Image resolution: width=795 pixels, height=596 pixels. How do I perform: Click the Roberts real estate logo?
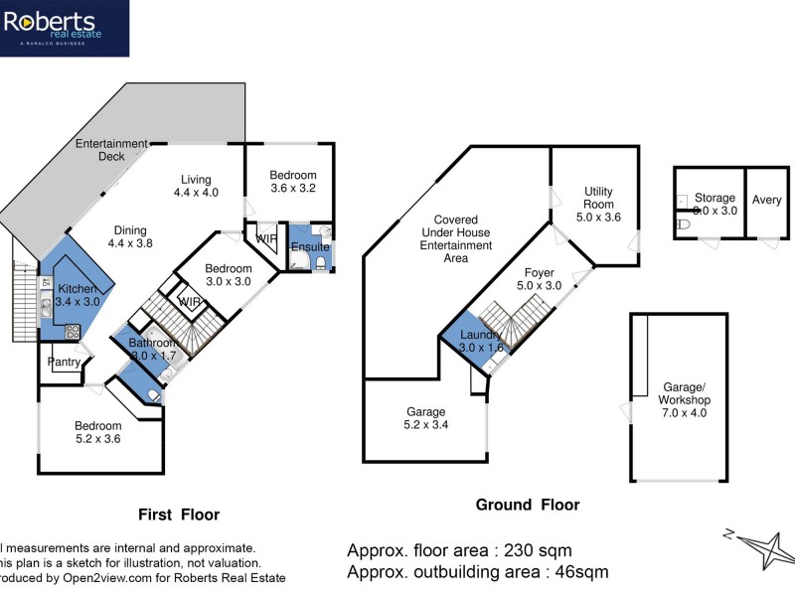tap(64, 28)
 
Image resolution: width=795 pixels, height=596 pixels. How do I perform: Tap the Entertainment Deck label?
tap(111, 150)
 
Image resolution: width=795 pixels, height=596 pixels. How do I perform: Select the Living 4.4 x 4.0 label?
tap(195, 186)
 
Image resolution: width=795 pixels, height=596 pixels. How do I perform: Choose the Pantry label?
tap(64, 363)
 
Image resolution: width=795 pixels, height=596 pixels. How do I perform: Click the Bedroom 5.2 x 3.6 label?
tap(98, 433)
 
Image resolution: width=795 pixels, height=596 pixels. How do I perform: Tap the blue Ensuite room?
tap(309, 248)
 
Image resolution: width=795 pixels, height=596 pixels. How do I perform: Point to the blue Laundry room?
tap(481, 341)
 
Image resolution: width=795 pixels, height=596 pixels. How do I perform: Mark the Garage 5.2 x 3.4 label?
tap(425, 418)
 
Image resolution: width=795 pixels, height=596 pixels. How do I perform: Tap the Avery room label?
tap(767, 200)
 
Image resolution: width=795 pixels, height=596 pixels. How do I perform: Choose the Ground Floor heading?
tap(527, 505)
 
